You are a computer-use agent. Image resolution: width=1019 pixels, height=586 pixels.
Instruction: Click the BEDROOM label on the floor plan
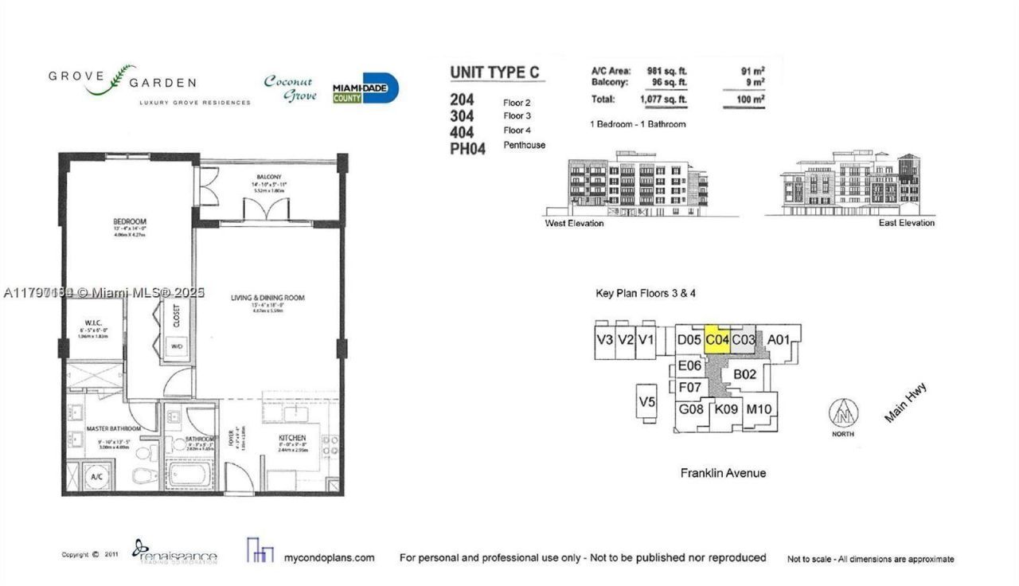pos(129,221)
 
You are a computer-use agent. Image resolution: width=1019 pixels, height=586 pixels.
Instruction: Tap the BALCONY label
pos(269,177)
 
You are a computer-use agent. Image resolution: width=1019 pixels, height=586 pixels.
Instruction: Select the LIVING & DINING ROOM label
pos(267,298)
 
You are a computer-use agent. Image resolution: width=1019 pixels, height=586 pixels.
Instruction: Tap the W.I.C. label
pos(87,322)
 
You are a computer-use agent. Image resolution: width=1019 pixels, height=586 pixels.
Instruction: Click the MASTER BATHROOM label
pos(114,428)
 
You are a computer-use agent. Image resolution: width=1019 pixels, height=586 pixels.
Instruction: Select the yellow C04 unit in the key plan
pos(717,340)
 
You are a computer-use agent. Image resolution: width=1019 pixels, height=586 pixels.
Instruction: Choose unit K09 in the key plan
pos(726,409)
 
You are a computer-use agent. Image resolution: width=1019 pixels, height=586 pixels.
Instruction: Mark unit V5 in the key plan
pos(646,402)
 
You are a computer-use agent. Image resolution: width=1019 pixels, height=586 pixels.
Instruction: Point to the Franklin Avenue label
pos(723,473)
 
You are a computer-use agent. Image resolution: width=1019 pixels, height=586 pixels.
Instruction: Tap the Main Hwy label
pos(906,403)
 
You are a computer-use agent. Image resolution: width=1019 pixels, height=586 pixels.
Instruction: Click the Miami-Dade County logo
pos(365,88)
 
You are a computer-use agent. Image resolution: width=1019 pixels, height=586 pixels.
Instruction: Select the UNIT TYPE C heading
pos(494,72)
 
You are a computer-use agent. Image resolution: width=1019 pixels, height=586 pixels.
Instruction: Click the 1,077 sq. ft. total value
pos(663,100)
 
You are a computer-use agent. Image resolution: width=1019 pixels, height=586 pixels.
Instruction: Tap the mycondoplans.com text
pos(329,558)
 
